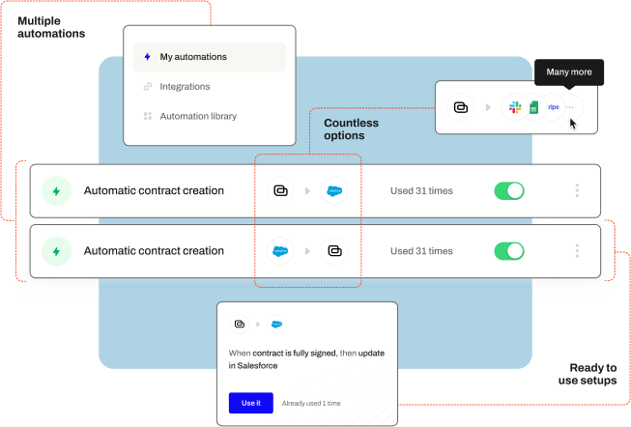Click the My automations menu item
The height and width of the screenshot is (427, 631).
210,57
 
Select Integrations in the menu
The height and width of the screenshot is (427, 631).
185,87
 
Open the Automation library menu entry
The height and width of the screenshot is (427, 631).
198,116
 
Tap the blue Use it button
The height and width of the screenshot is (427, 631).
250,403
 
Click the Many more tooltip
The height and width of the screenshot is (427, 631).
569,72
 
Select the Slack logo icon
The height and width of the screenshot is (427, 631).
515,107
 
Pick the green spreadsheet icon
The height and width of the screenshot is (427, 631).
534,107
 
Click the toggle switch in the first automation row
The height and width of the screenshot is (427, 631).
509,190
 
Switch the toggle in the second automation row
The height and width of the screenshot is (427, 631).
509,251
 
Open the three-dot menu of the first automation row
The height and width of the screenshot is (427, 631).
577,190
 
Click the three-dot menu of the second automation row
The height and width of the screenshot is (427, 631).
577,251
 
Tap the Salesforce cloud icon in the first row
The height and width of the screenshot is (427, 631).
334,190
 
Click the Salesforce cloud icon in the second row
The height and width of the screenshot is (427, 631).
280,251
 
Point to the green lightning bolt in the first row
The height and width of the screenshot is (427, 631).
56,191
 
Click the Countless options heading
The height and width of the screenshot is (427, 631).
352,129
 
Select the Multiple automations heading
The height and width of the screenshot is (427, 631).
51,27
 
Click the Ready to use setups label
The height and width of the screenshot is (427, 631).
588,374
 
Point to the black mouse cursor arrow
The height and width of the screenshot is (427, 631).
573,124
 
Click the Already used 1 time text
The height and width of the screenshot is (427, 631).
311,403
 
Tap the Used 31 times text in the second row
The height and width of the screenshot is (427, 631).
421,251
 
